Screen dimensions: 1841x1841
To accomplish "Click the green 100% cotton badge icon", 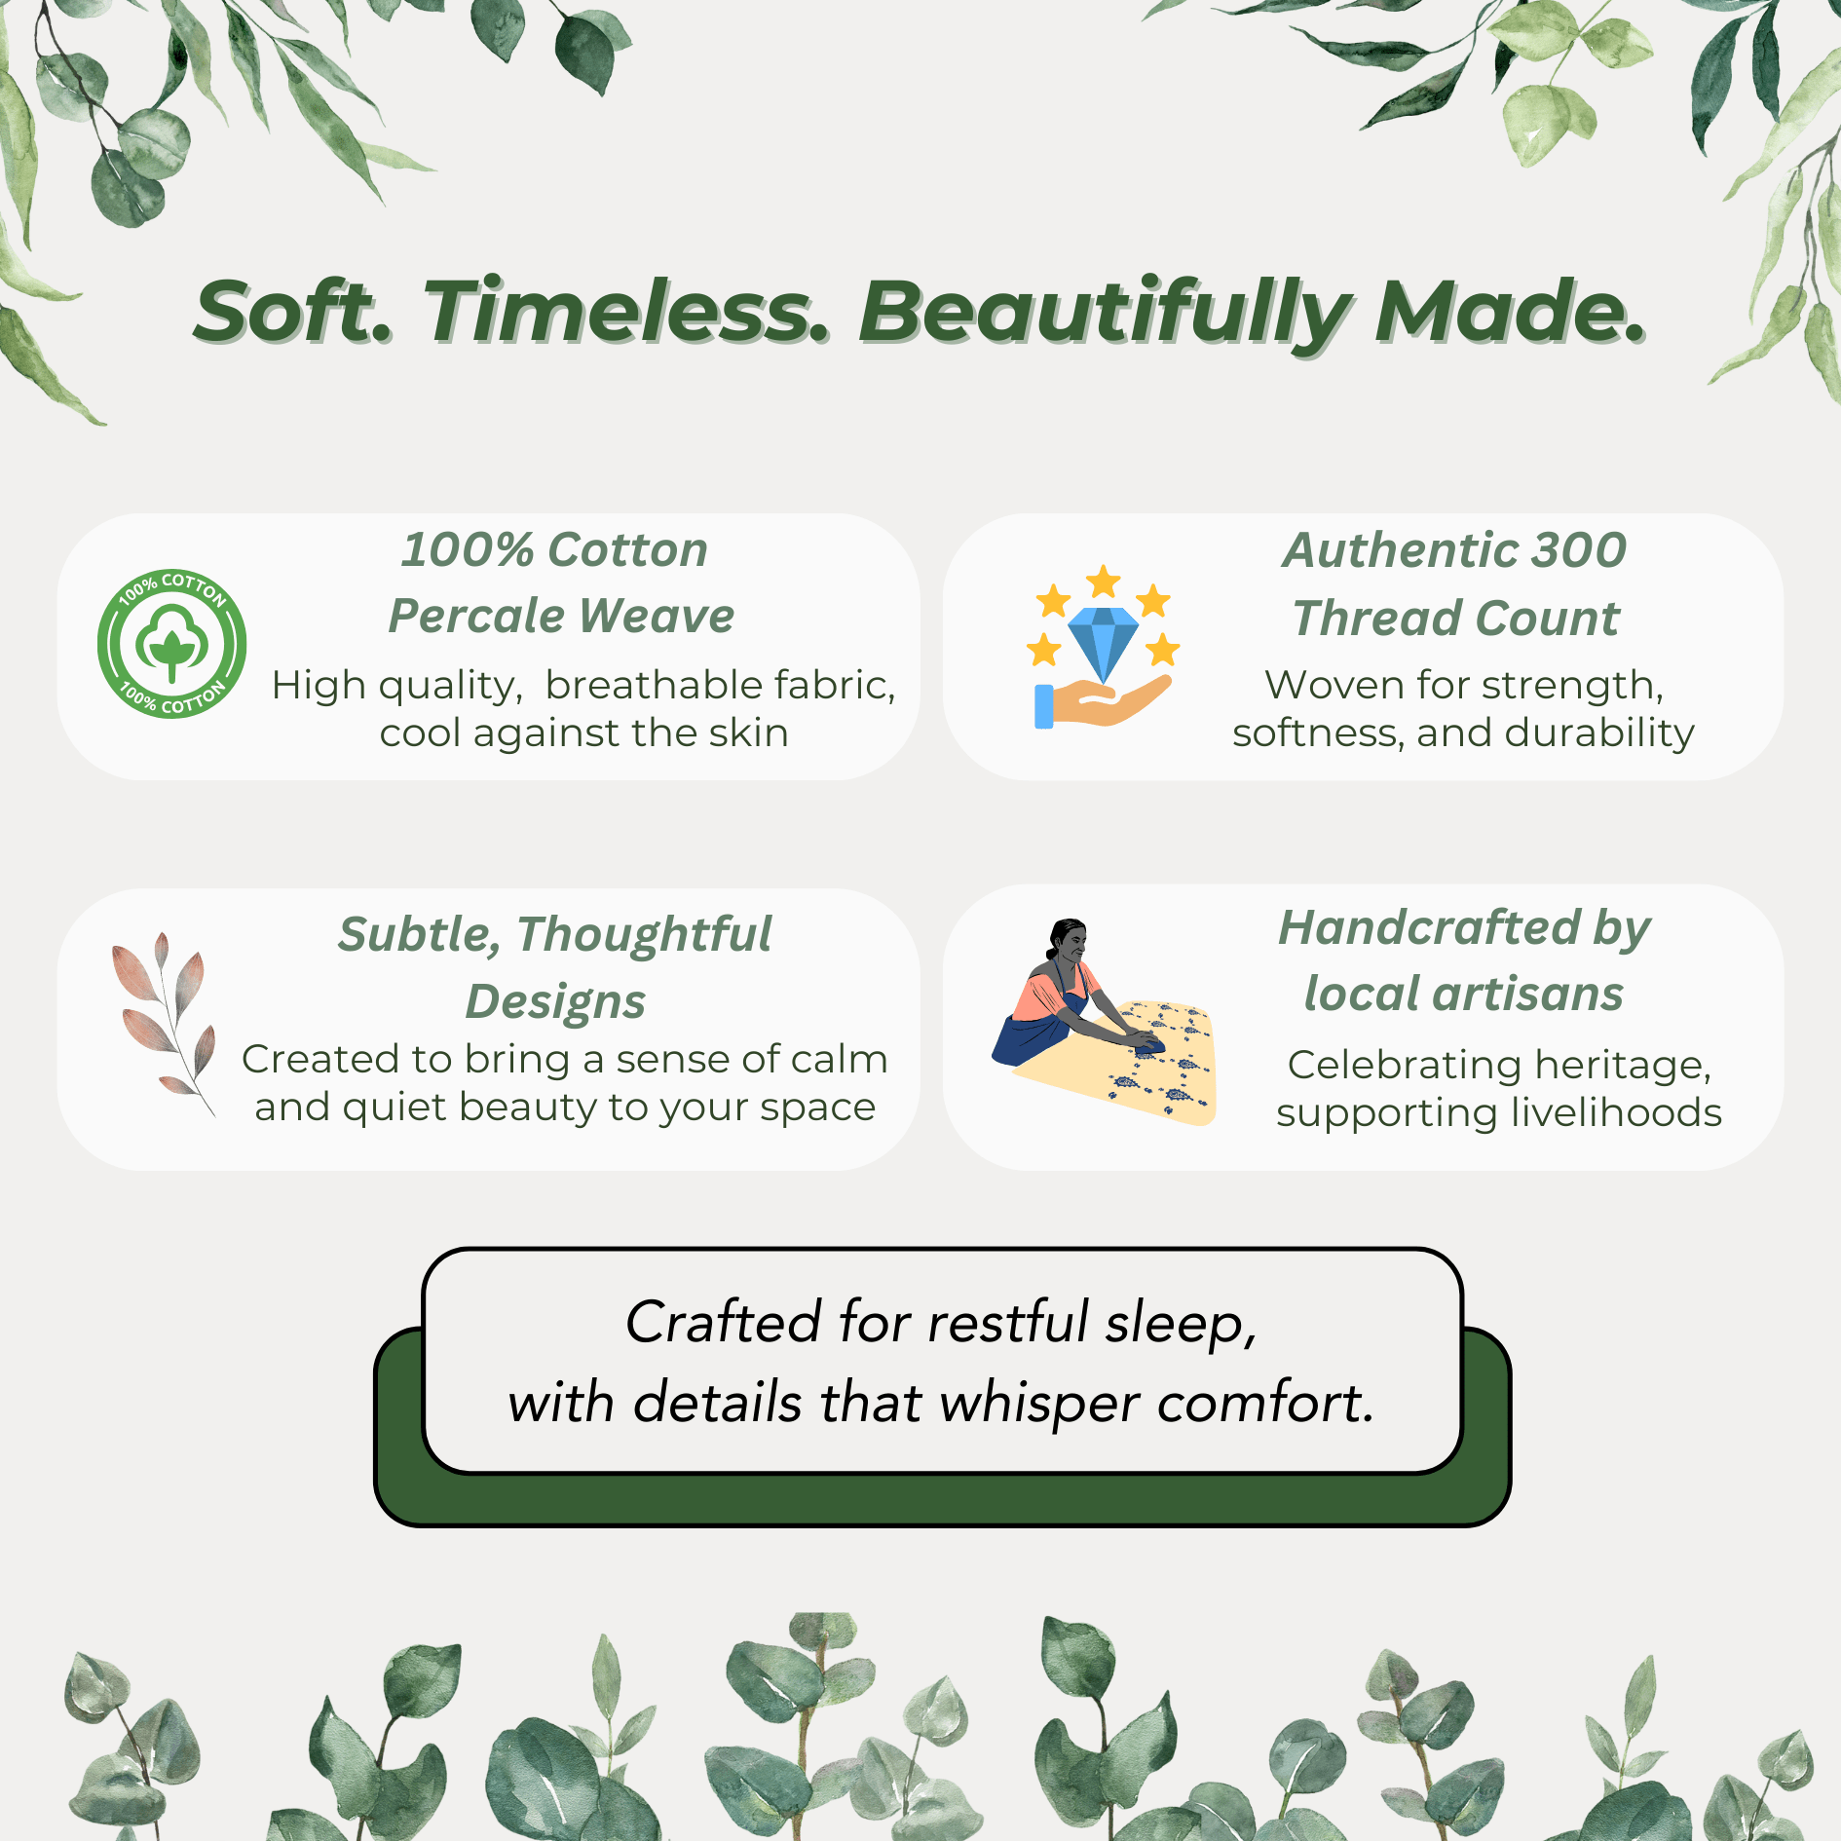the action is (172, 644).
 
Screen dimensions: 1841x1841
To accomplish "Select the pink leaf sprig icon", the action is (163, 1023).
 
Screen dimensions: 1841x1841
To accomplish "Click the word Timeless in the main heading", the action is (627, 312).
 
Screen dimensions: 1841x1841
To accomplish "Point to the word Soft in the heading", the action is (292, 312).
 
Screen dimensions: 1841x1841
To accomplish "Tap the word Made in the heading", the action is (1510, 312).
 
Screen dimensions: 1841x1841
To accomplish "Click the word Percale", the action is (476, 616).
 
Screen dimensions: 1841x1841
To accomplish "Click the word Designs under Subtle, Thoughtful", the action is (555, 1001).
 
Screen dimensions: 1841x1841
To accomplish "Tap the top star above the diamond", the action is (1104, 582).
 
